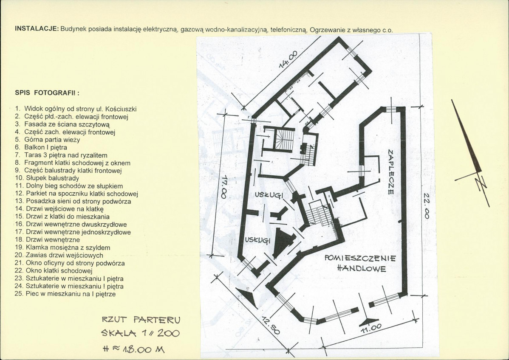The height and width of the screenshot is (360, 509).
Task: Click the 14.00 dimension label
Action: pyautogui.click(x=288, y=59)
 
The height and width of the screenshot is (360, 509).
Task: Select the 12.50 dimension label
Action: pyautogui.click(x=270, y=326)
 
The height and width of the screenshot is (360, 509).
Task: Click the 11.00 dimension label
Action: pyautogui.click(x=370, y=328)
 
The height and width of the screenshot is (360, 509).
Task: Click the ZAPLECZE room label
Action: pyautogui.click(x=390, y=172)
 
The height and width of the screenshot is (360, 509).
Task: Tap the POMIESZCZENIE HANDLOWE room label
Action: pyautogui.click(x=360, y=263)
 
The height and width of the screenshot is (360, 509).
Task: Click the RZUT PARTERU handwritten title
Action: pyautogui.click(x=141, y=320)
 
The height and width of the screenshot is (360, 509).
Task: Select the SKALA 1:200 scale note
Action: pyautogui.click(x=140, y=333)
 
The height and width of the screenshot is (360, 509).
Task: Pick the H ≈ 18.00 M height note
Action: pyautogui.click(x=133, y=349)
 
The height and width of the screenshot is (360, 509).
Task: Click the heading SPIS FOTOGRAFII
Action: pyautogui.click(x=47, y=93)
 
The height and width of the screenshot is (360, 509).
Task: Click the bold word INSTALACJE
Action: pyautogui.click(x=37, y=29)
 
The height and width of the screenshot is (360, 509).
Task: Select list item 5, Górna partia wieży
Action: pyautogui.click(x=48, y=140)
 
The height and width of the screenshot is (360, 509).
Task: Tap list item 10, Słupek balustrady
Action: pyautogui.click(x=47, y=178)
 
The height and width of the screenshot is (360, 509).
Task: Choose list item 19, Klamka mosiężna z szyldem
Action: pyautogui.click(x=62, y=247)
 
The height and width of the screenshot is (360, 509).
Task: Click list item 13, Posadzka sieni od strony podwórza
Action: pyautogui.click(x=73, y=201)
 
